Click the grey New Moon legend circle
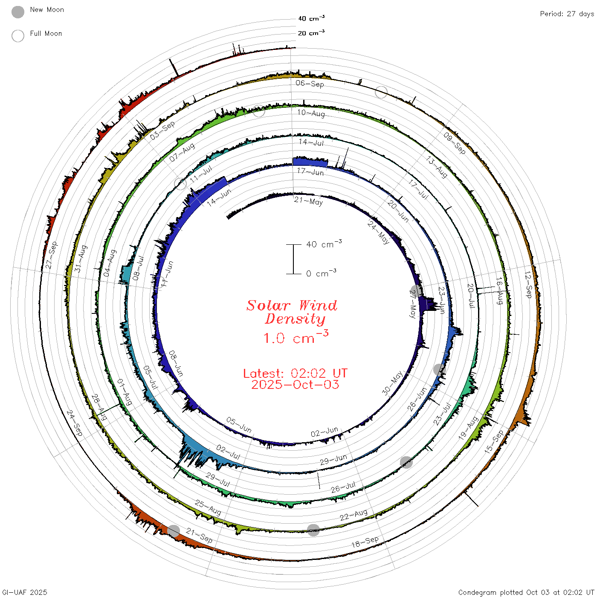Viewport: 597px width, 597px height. [17, 12]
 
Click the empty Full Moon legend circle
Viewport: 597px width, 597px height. [17, 36]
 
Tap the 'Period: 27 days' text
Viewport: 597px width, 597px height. [567, 14]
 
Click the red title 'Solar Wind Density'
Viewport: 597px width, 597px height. [292, 312]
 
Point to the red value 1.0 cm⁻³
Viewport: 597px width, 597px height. [296, 337]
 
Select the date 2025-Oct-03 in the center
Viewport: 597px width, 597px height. [295, 385]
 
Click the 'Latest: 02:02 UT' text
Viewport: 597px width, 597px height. [295, 373]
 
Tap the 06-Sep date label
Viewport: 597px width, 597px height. [310, 84]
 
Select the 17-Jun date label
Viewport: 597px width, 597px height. [310, 171]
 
